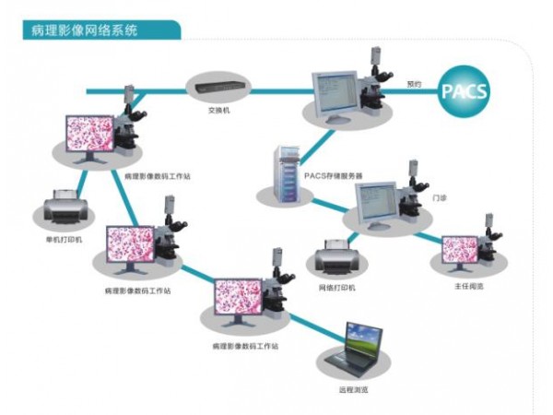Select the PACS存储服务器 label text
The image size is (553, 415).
pyautogui.click(x=334, y=175)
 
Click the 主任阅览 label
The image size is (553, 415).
pyautogui.click(x=469, y=287)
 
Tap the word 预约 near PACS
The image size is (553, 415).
pyautogui.click(x=414, y=84)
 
